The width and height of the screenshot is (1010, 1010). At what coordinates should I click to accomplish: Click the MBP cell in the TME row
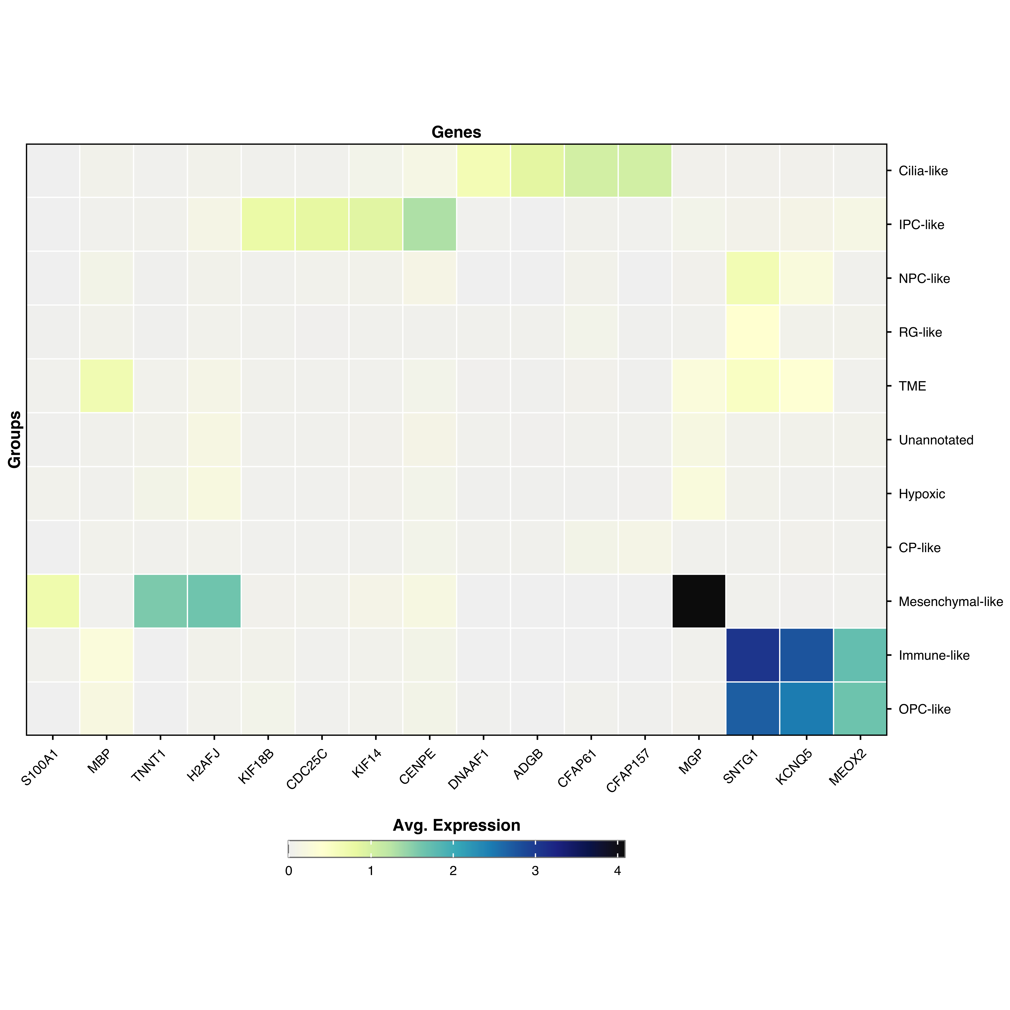point(107,386)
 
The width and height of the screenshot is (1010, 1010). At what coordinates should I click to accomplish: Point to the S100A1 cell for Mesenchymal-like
point(53,601)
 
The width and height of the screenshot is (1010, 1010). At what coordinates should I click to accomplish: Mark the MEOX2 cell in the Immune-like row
point(860,655)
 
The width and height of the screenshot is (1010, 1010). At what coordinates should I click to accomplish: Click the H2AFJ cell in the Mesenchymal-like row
point(214,601)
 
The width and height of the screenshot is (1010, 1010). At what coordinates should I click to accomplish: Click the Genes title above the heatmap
point(456,132)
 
